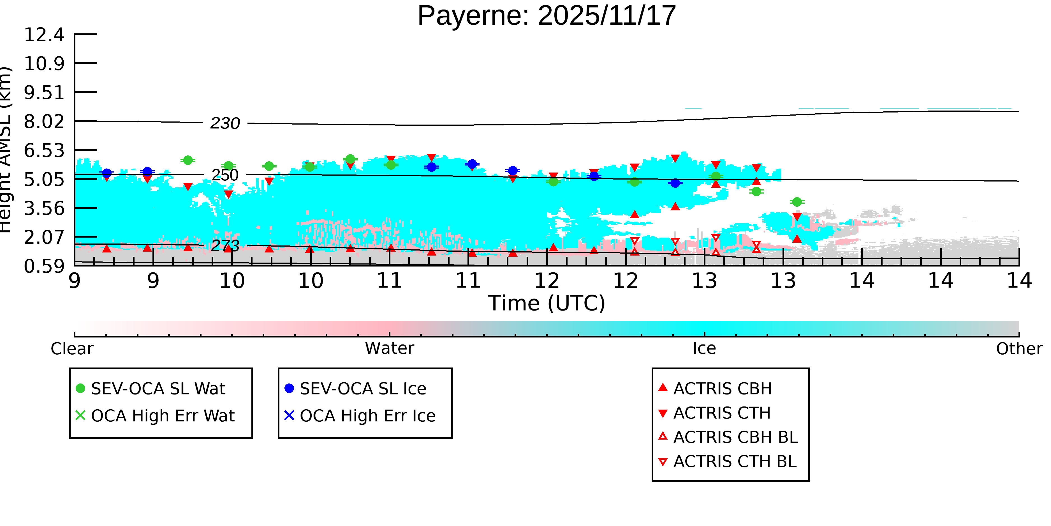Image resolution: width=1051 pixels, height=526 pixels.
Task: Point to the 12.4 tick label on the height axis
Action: pyautogui.click(x=44, y=35)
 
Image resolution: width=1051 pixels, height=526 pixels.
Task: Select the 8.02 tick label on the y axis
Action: pyautogui.click(x=44, y=122)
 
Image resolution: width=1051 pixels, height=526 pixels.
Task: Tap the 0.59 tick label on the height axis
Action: pyautogui.click(x=44, y=266)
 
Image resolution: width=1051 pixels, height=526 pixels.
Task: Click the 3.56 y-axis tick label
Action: pyautogui.click(x=44, y=209)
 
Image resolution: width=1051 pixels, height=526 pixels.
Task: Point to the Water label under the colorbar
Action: pyautogui.click(x=389, y=348)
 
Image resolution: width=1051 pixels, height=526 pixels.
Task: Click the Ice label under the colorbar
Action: pyautogui.click(x=704, y=348)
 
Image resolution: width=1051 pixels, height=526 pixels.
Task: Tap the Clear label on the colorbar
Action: pyautogui.click(x=72, y=349)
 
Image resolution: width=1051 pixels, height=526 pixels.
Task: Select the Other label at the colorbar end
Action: pyautogui.click(x=1019, y=349)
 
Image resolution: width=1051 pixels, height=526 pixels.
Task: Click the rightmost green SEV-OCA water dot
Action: pyautogui.click(x=797, y=202)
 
